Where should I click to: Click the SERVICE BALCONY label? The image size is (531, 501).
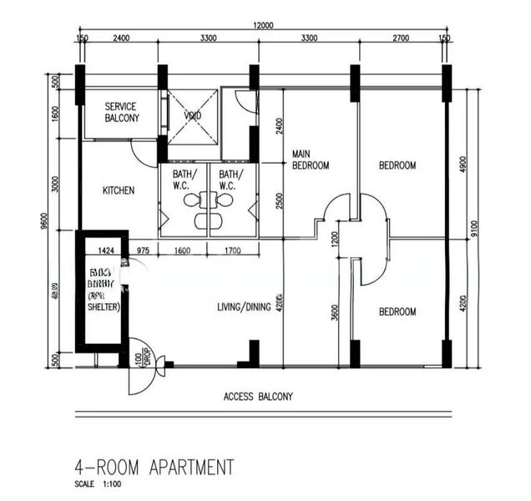pyautogui.click(x=122, y=113)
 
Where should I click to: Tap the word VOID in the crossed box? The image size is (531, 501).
pyautogui.click(x=193, y=116)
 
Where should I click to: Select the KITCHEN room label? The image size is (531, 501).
pyautogui.click(x=118, y=190)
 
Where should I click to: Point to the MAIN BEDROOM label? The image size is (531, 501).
pyautogui.click(x=310, y=159)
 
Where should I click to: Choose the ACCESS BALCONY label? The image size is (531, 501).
pyautogui.click(x=258, y=397)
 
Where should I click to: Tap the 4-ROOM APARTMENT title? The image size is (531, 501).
pyautogui.click(x=154, y=466)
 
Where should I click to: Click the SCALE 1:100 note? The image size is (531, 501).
pyautogui.click(x=97, y=484)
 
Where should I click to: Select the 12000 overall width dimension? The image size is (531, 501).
pyautogui.click(x=263, y=26)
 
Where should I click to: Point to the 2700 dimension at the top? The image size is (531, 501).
pyautogui.click(x=400, y=38)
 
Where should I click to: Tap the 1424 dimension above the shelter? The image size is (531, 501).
pyautogui.click(x=105, y=250)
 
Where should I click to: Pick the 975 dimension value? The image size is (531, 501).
pyautogui.click(x=143, y=250)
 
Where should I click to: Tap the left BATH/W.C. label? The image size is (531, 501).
pyautogui.click(x=182, y=180)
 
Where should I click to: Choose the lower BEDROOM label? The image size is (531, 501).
pyautogui.click(x=397, y=312)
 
